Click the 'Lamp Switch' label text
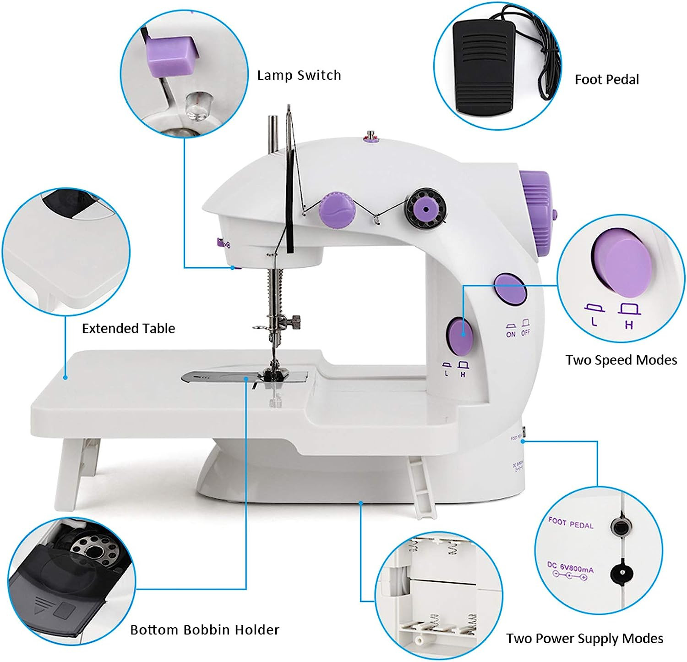(x=299, y=75)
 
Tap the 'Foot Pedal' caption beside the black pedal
(x=606, y=80)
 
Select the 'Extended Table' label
(x=128, y=329)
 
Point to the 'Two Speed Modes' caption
(x=621, y=360)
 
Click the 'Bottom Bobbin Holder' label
(x=205, y=630)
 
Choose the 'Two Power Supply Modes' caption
(x=584, y=639)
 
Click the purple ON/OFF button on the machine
(x=510, y=289)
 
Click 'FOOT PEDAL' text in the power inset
(x=571, y=523)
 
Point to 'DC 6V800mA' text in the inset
(x=570, y=569)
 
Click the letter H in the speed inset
(x=629, y=325)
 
